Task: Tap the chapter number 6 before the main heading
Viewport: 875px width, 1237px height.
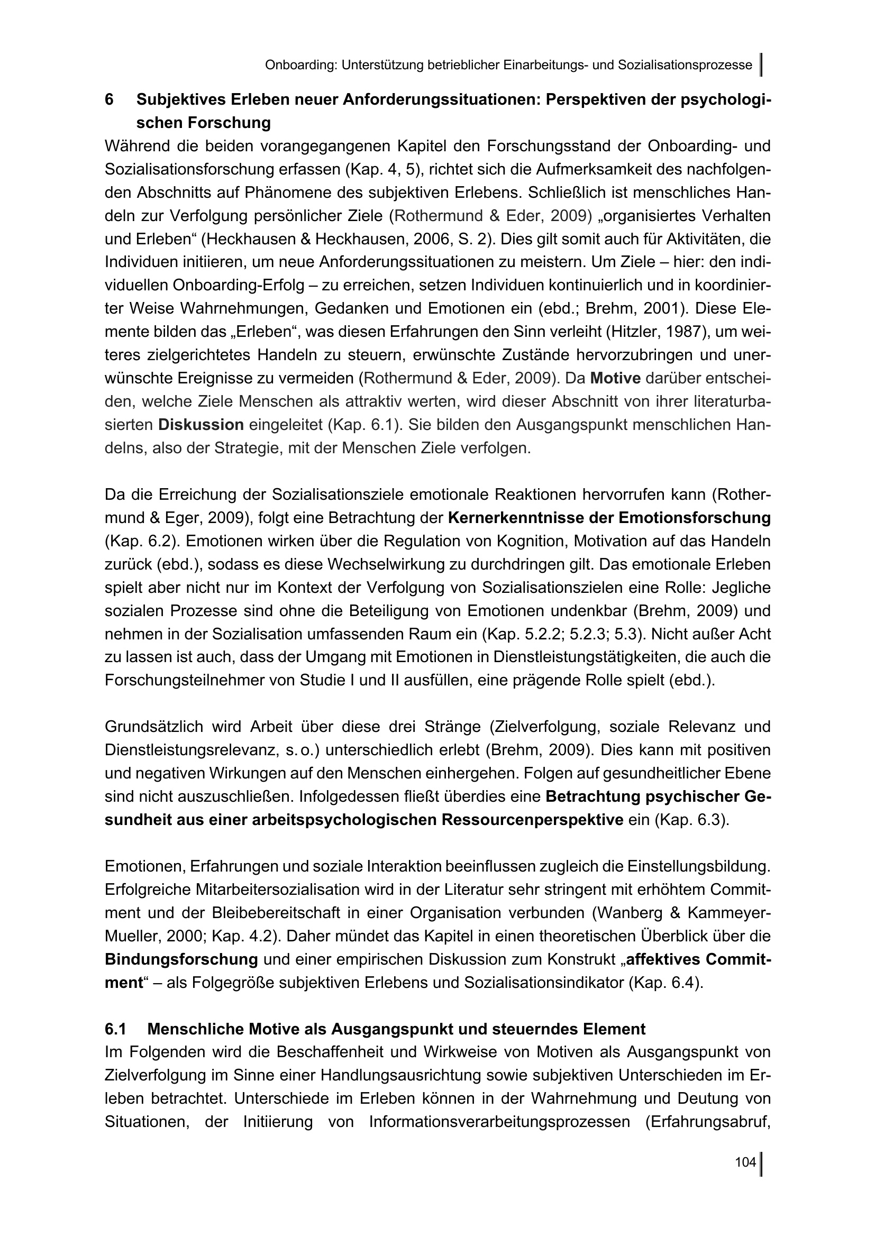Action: coord(110,99)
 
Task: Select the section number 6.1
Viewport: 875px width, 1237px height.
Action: coord(115,1029)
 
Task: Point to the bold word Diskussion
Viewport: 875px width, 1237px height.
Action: coord(201,425)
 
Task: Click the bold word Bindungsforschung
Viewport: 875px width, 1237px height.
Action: coord(181,959)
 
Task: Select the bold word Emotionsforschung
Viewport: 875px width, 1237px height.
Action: coord(695,518)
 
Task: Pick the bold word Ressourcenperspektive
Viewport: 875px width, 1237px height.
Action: coord(532,820)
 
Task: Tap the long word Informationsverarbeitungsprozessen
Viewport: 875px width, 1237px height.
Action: coord(499,1122)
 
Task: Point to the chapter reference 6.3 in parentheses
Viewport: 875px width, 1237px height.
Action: coord(706,820)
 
